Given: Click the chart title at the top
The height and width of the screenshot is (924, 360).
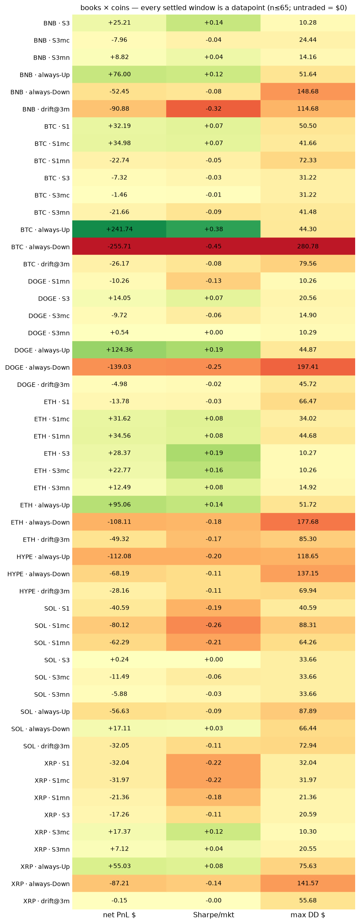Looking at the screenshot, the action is pyautogui.click(x=213, y=8).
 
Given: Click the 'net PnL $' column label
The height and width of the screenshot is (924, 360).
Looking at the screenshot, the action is pyautogui.click(x=119, y=915).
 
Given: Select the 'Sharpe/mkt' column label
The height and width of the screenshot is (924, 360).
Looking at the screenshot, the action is pyautogui.click(x=213, y=915).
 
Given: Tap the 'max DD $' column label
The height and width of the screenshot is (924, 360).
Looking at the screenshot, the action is pyautogui.click(x=308, y=915).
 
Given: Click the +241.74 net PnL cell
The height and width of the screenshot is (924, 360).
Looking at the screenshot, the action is pyautogui.click(x=119, y=229).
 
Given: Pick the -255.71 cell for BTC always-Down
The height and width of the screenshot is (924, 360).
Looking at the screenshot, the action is pyautogui.click(x=119, y=246).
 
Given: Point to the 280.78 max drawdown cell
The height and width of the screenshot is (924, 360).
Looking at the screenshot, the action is pyautogui.click(x=308, y=246).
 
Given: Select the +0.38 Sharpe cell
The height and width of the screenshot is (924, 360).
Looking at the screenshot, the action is pyautogui.click(x=213, y=229).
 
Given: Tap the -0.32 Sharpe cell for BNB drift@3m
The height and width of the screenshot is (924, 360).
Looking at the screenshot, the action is pyautogui.click(x=213, y=109).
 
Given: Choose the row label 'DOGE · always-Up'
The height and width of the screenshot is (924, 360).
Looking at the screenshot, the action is pyautogui.click(x=42, y=350).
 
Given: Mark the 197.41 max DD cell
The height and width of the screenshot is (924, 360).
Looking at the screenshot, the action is pyautogui.click(x=308, y=367).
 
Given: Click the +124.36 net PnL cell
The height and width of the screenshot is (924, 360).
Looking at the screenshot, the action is pyautogui.click(x=119, y=350).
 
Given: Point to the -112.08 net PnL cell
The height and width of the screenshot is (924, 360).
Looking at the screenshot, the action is pyautogui.click(x=119, y=557).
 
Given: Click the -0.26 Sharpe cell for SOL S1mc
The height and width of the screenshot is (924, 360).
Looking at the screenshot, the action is pyautogui.click(x=213, y=625).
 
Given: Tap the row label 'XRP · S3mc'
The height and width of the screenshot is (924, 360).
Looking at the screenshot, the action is pyautogui.click(x=52, y=832).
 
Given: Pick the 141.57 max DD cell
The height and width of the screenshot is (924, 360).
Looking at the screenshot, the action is pyautogui.click(x=308, y=883).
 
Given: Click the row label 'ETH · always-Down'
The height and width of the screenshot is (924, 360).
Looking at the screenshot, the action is pyautogui.click(x=41, y=523).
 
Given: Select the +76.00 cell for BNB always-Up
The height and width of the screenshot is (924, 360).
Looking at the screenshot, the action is pyautogui.click(x=119, y=74).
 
